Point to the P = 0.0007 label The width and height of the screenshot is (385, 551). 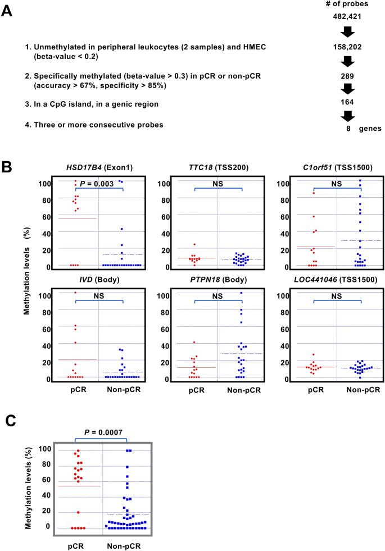103,432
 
